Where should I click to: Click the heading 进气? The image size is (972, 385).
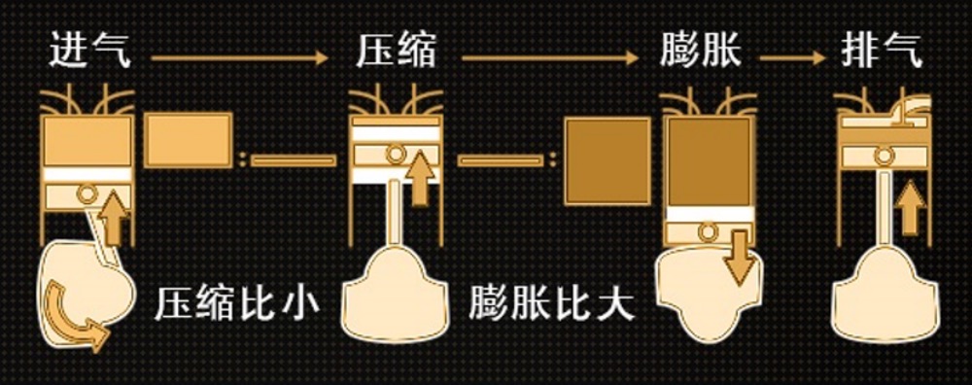89,51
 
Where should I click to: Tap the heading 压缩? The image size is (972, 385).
396,51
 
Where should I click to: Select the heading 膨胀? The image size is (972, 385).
701,51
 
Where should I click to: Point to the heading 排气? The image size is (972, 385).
882,51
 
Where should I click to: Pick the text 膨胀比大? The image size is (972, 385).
551,303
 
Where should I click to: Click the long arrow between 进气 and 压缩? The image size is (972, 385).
239,58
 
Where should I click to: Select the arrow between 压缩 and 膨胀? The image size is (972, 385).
550,58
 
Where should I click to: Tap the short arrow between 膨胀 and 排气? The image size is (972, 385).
792,58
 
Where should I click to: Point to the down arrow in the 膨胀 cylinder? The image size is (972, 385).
740,257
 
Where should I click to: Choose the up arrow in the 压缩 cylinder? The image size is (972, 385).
421,178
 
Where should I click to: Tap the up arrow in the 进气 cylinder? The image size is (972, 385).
114,219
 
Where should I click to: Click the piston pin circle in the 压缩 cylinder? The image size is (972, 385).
396,154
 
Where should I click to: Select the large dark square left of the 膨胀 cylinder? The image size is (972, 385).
607,161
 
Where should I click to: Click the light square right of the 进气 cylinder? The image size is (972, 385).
189,140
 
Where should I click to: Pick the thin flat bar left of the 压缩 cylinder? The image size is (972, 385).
294,160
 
